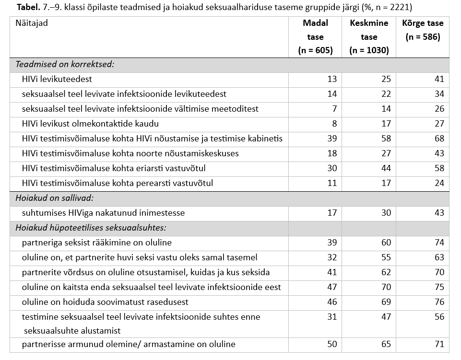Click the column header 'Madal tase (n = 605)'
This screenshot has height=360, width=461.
pyautogui.click(x=315, y=37)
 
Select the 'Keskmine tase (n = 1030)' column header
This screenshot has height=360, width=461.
pyautogui.click(x=369, y=37)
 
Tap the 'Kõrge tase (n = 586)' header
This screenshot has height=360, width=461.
pyautogui.click(x=423, y=30)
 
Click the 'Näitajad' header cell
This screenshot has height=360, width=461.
pyautogui.click(x=32, y=23)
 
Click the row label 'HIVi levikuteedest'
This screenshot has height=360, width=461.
pyautogui.click(x=57, y=79)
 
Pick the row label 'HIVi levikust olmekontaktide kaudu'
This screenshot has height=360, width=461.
pyautogui.click(x=90, y=124)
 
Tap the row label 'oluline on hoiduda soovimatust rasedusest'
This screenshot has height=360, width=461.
pyautogui.click(x=105, y=302)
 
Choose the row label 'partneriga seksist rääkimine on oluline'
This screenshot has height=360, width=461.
pyautogui.click(x=96, y=243)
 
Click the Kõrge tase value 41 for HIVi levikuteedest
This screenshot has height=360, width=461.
pyautogui.click(x=439, y=79)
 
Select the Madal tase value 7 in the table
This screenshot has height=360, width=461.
pyautogui.click(x=334, y=109)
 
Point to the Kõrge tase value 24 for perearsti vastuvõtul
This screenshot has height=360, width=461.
pyautogui.click(x=439, y=183)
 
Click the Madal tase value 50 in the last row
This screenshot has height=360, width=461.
pyautogui.click(x=332, y=344)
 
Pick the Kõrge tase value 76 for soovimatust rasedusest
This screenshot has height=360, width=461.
pyautogui.click(x=439, y=302)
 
